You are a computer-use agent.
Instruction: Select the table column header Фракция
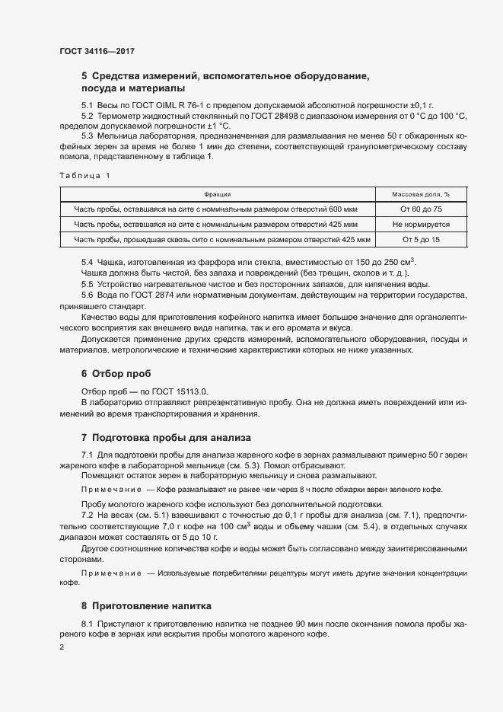218,195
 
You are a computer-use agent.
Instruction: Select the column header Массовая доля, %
421,195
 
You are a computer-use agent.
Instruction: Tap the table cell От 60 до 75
421,209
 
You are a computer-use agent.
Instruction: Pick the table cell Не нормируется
421,225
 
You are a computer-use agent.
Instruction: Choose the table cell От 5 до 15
421,240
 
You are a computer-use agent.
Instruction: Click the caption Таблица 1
84,176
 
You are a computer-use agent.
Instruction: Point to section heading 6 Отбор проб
116,374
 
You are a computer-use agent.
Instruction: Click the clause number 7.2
88,516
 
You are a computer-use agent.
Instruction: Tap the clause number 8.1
88,624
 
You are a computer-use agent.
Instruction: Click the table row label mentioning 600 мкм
218,209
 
